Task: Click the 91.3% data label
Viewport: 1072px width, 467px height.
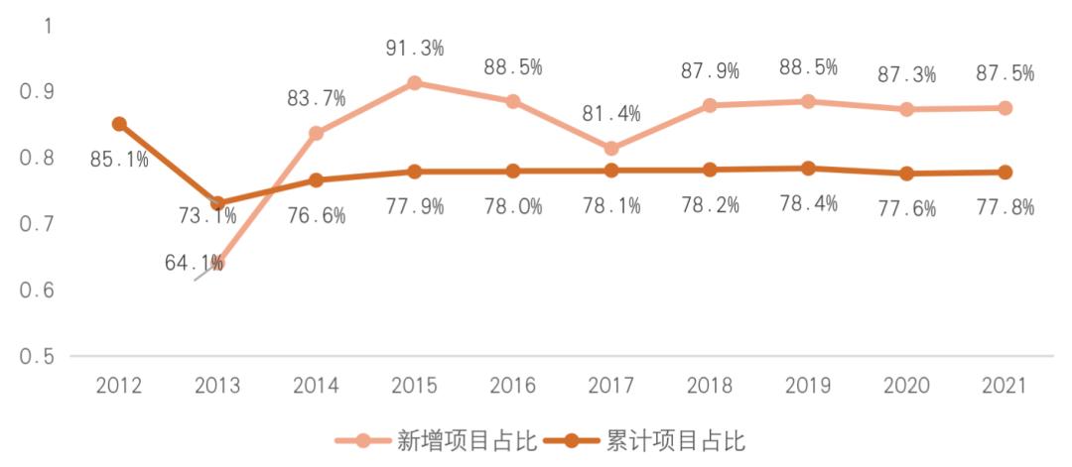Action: coord(415,47)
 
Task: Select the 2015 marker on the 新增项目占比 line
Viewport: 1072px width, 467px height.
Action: coord(415,82)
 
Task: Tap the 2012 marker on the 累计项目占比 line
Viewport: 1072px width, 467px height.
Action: coord(119,124)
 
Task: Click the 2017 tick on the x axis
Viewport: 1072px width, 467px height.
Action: coord(611,386)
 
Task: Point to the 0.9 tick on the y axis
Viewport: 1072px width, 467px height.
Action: coord(36,91)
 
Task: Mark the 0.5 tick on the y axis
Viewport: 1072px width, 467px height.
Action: coord(36,356)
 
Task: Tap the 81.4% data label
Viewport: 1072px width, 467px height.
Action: coord(611,113)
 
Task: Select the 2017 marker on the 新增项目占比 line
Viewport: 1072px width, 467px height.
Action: coord(611,149)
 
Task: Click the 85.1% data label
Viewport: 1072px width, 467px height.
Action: coord(119,158)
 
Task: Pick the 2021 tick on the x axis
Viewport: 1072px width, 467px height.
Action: coord(1005,386)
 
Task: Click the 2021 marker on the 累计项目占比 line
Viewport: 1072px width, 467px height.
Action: coord(1005,173)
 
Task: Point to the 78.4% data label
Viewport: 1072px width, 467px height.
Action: coord(808,203)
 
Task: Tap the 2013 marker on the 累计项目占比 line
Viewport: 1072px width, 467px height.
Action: coord(217,203)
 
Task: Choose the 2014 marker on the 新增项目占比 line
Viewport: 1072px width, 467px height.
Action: coord(317,133)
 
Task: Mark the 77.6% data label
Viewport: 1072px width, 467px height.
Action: coord(906,207)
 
